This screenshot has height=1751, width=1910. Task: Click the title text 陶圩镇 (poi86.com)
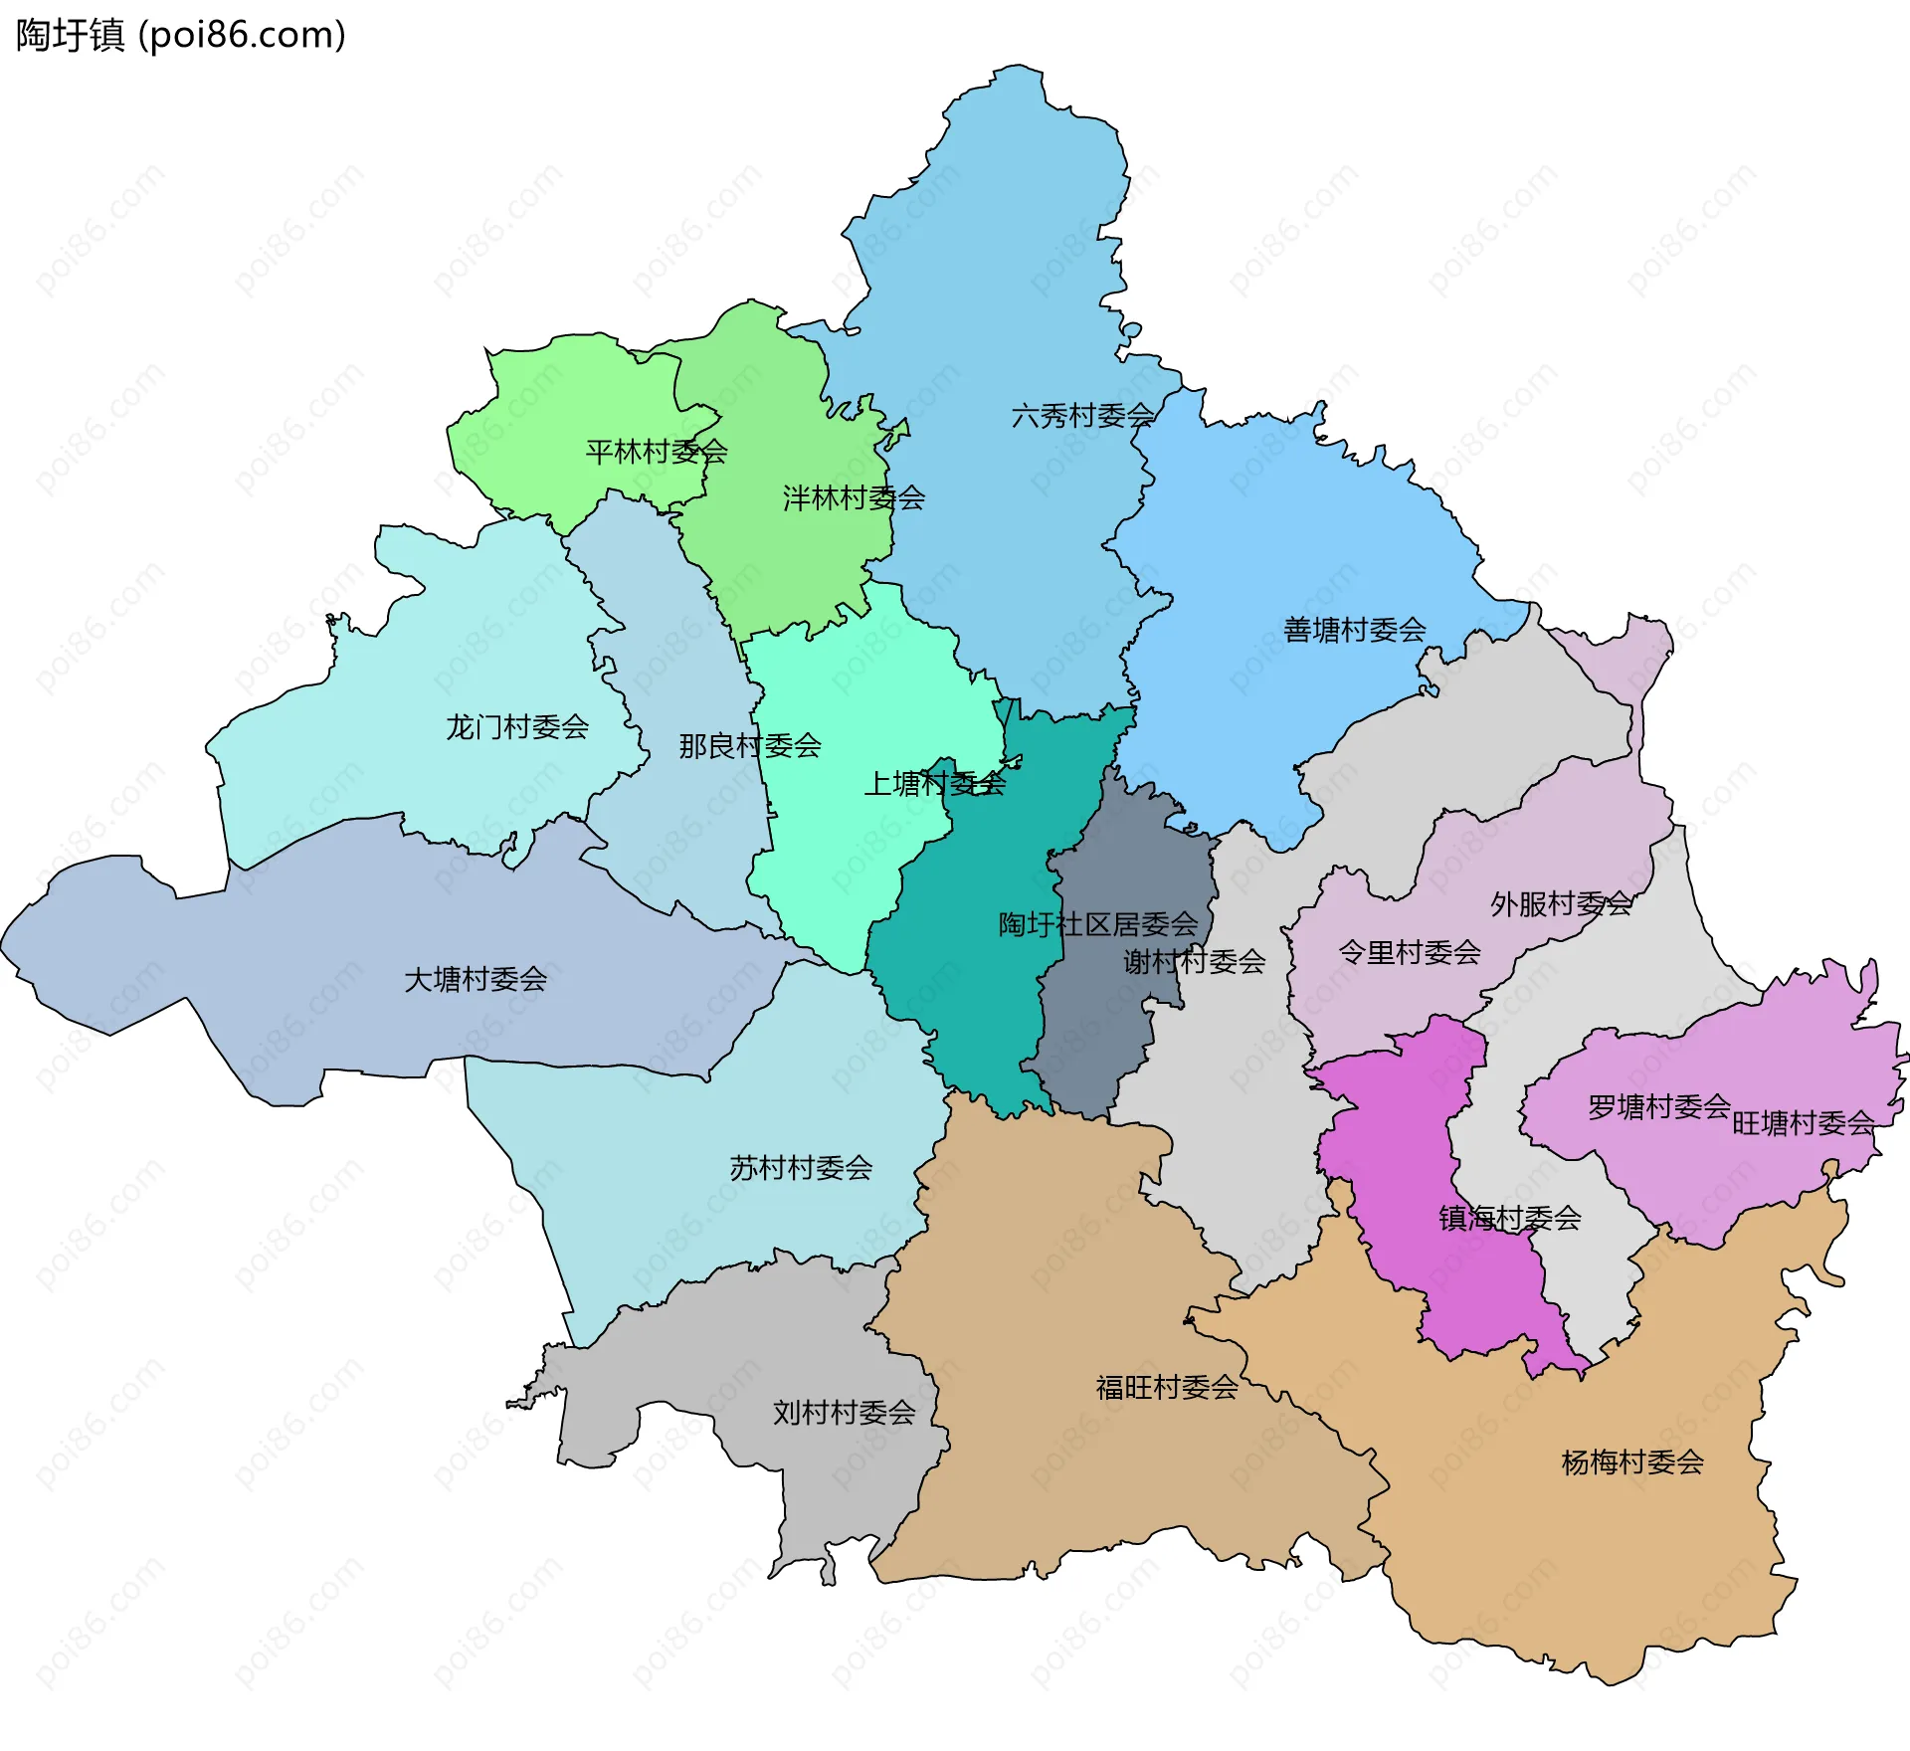(x=181, y=35)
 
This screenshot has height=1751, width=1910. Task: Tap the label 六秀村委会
(x=1082, y=416)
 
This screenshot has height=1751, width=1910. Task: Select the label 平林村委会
(x=657, y=453)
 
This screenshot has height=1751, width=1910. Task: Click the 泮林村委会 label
(x=854, y=498)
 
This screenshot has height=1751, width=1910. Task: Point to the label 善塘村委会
(x=1354, y=630)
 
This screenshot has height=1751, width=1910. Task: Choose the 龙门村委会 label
(x=517, y=727)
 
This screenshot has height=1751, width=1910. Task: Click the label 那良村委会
(x=750, y=746)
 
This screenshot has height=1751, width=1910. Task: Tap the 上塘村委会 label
(x=935, y=784)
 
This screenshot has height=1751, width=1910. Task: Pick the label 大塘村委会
(x=476, y=980)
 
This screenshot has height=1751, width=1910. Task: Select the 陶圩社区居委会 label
(x=1098, y=925)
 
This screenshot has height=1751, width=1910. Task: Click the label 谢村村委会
(x=1194, y=962)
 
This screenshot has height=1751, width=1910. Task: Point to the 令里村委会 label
(x=1410, y=953)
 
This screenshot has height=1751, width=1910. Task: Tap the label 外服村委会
(x=1561, y=904)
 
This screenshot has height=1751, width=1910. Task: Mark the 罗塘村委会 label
(x=1658, y=1107)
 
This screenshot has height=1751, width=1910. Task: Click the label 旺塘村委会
(x=1803, y=1124)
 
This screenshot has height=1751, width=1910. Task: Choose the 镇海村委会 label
(x=1509, y=1219)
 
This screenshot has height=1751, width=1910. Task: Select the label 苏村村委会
(x=801, y=1168)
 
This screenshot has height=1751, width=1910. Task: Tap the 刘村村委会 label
(x=844, y=1413)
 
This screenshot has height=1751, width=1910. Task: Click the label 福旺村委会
(x=1167, y=1388)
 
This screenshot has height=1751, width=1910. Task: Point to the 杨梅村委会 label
(x=1632, y=1462)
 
